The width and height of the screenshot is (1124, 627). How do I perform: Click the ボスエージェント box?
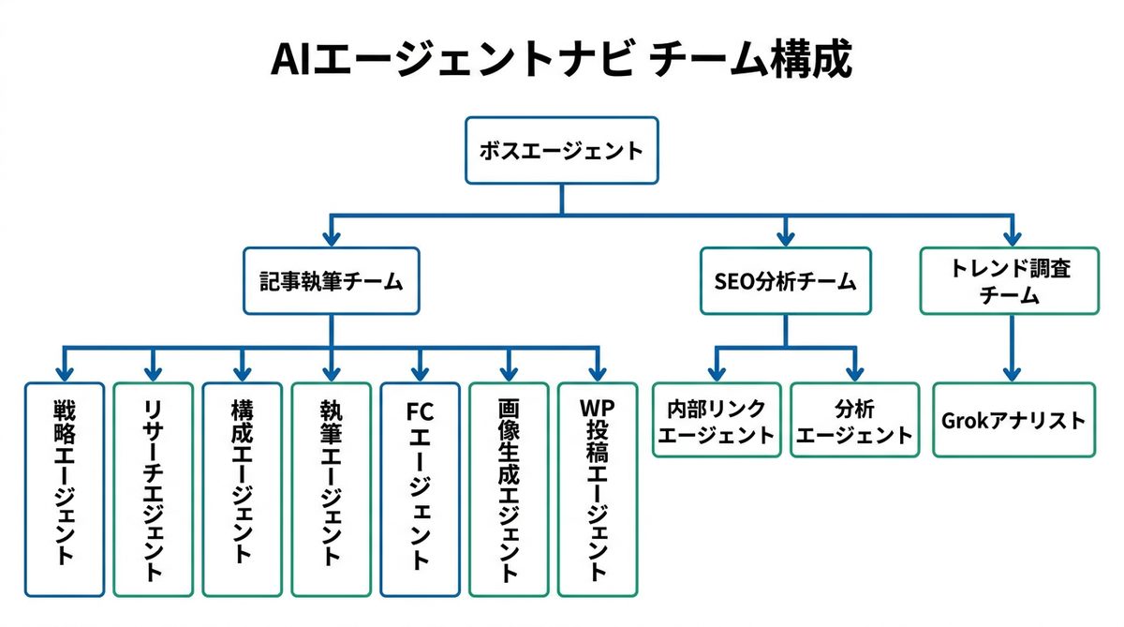tap(561, 150)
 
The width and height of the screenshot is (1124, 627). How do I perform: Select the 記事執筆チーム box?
tap(332, 280)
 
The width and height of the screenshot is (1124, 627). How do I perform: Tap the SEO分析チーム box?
tap(785, 280)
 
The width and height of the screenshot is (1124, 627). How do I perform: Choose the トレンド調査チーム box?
tap(1010, 280)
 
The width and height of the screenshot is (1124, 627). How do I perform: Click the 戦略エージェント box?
tap(65, 489)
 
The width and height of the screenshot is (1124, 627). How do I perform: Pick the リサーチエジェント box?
tap(154, 489)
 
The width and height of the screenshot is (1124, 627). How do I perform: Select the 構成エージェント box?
tap(242, 489)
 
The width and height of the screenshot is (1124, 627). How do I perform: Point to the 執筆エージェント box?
tap(331, 489)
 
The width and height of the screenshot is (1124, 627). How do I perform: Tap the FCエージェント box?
tap(420, 489)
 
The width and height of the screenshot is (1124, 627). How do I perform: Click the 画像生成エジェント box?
tap(509, 489)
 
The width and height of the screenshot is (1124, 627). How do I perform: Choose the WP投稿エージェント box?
tap(598, 489)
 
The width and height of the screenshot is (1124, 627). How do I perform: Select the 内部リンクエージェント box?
tap(717, 420)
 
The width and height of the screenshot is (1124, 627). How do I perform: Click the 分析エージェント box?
tap(854, 420)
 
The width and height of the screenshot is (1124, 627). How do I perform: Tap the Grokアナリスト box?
tap(1013, 420)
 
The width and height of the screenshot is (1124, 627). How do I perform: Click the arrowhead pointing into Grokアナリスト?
tap(1012, 372)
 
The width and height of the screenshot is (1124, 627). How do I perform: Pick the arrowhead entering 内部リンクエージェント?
tap(717, 372)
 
